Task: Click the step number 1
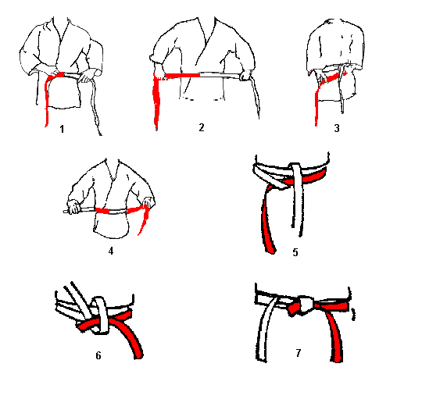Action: coord(62,129)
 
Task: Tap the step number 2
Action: coord(202,127)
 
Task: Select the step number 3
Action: coord(337,128)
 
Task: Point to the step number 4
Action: coord(111,251)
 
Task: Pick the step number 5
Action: coord(295,252)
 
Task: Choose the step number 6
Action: coord(98,355)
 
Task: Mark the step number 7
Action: coord(299,352)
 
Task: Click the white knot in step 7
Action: coord(306,305)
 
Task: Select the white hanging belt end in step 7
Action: coord(265,331)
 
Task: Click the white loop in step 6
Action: coord(100,315)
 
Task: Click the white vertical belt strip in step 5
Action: coord(298,199)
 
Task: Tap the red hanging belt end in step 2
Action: coord(156,102)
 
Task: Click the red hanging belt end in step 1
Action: coord(47,102)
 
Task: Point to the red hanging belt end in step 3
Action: coord(317,105)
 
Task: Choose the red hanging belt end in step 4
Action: coord(144,219)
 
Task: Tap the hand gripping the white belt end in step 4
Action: coord(73,207)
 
